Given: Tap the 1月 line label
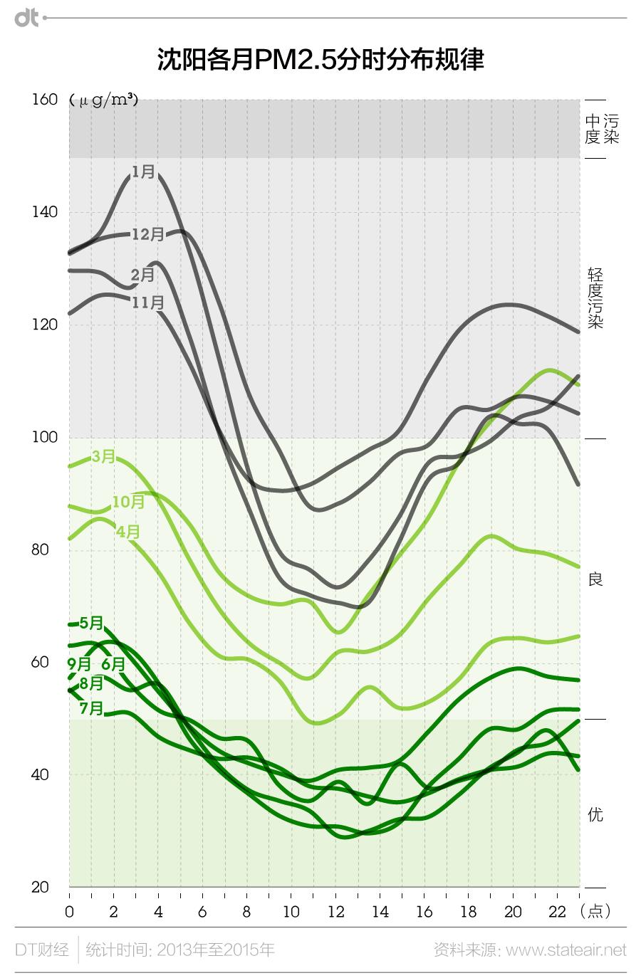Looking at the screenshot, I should pyautogui.click(x=143, y=172).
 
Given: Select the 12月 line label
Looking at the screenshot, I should pyautogui.click(x=148, y=233).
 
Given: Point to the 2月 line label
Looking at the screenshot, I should pyautogui.click(x=142, y=274).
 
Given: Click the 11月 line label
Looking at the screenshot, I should pyautogui.click(x=148, y=303).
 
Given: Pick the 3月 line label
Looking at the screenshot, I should pyautogui.click(x=104, y=456).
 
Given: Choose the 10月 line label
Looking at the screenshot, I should pyautogui.click(x=128, y=501).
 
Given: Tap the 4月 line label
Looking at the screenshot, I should pyautogui.click(x=128, y=531).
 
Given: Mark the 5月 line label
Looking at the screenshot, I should pyautogui.click(x=91, y=623).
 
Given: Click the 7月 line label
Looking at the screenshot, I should pyautogui.click(x=91, y=708).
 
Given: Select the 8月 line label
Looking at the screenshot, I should pyautogui.click(x=91, y=683).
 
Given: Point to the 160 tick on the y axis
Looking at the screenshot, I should pyautogui.click(x=45, y=100).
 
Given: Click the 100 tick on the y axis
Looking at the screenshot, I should pyautogui.click(x=45, y=438).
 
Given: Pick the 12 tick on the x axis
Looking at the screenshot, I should pyautogui.click(x=335, y=912).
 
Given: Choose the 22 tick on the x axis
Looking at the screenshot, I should pyautogui.click(x=557, y=912).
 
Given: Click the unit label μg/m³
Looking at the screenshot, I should pyautogui.click(x=104, y=100).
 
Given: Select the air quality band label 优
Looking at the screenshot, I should pyautogui.click(x=595, y=814).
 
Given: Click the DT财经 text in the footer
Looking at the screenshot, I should pyautogui.click(x=42, y=950).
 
